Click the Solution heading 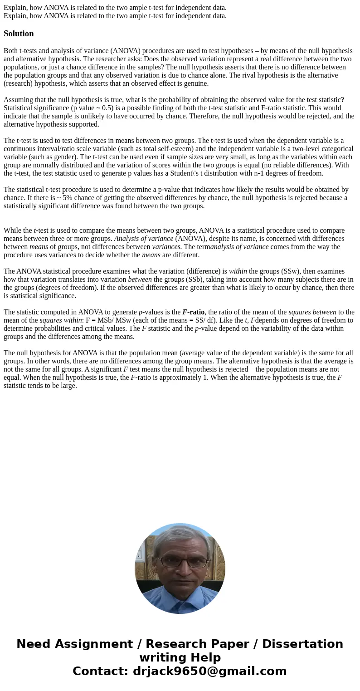point(19,34)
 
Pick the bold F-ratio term point(193,312)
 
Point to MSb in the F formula point(105,320)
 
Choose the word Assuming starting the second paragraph point(18,100)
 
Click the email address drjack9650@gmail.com point(210,671)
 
